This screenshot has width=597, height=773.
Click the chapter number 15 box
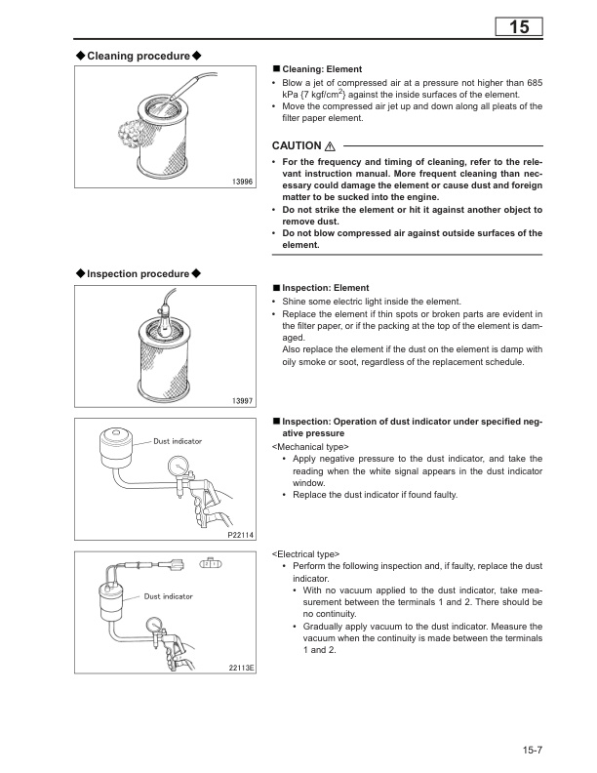[519, 27]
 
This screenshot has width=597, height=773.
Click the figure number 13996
[240, 183]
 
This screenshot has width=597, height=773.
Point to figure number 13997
[240, 401]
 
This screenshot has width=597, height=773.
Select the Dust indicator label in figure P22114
[178, 441]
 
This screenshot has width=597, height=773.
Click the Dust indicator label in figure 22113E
[168, 595]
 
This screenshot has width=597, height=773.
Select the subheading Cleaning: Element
[322, 70]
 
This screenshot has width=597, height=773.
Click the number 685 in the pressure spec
[532, 83]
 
